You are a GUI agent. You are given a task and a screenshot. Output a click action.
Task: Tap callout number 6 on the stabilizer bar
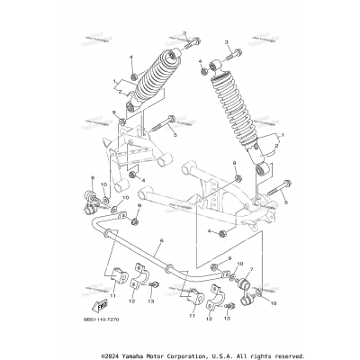pyautogui.click(x=161, y=241)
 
